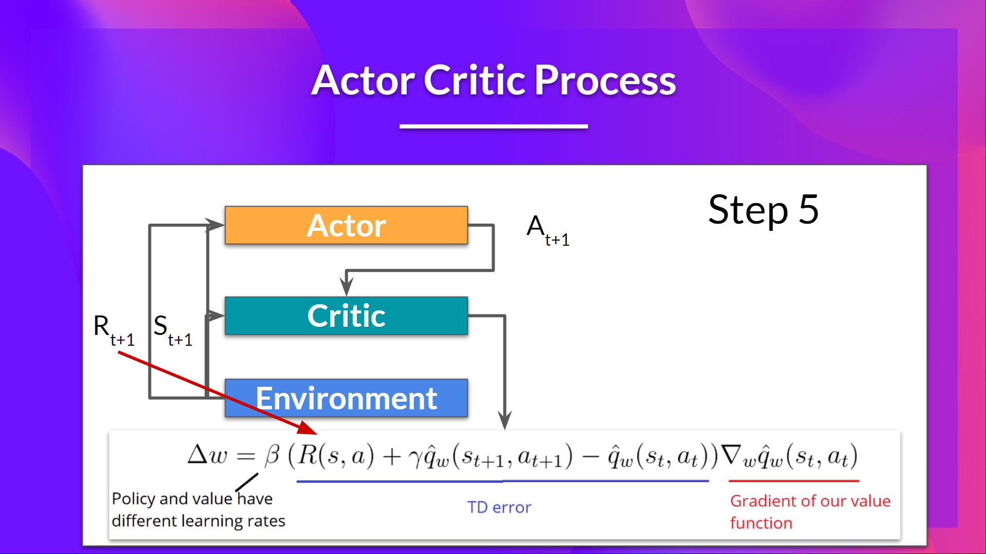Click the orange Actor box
point(346,225)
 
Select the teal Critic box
point(346,315)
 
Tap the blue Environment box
point(346,398)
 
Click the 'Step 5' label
point(763,210)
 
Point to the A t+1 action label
point(546,230)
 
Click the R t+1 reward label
point(112,330)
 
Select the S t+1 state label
point(172,330)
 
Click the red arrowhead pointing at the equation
point(308,428)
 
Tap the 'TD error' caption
point(499,507)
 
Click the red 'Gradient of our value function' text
point(809,511)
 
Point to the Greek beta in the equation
point(272,455)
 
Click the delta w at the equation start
point(207,455)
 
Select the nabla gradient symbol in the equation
point(731,454)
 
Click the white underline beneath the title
point(493,126)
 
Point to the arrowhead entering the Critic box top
point(347,287)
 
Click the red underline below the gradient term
point(793,481)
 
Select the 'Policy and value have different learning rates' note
point(198,510)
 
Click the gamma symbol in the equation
point(415,457)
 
